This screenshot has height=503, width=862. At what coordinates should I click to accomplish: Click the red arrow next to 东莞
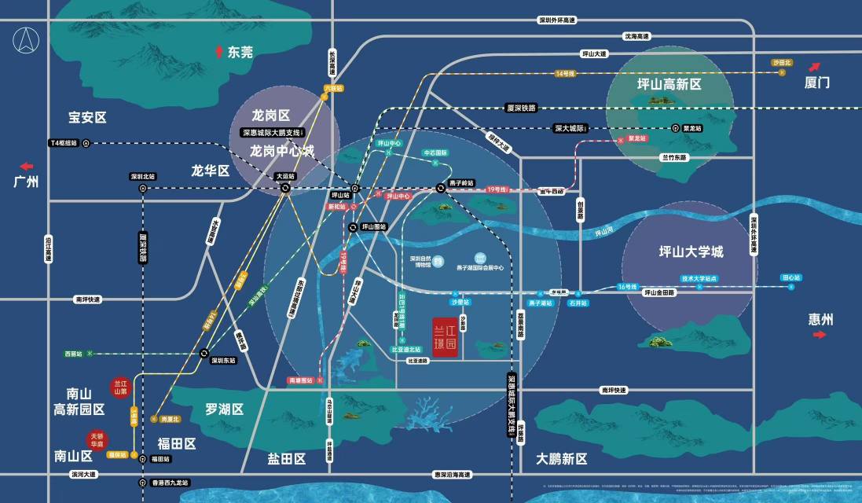[219, 52]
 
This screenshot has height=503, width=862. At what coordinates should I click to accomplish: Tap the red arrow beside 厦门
[815, 67]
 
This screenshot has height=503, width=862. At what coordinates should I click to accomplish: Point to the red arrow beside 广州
[27, 166]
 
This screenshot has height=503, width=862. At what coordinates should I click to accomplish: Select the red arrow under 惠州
[820, 334]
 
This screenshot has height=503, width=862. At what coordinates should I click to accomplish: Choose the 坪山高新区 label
[669, 83]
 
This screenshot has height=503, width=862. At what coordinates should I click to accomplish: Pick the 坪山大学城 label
[691, 252]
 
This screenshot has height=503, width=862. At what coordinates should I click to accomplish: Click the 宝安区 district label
[86, 117]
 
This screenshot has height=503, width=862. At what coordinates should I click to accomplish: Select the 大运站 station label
[285, 177]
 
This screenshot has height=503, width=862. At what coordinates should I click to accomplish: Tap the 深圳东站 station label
[223, 360]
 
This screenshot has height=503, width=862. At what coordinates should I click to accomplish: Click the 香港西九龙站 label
[171, 483]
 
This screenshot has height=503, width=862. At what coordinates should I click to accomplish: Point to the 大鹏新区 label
[562, 458]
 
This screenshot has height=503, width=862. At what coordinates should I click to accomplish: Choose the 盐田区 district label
[286, 458]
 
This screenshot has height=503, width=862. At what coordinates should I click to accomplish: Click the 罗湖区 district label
[225, 409]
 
